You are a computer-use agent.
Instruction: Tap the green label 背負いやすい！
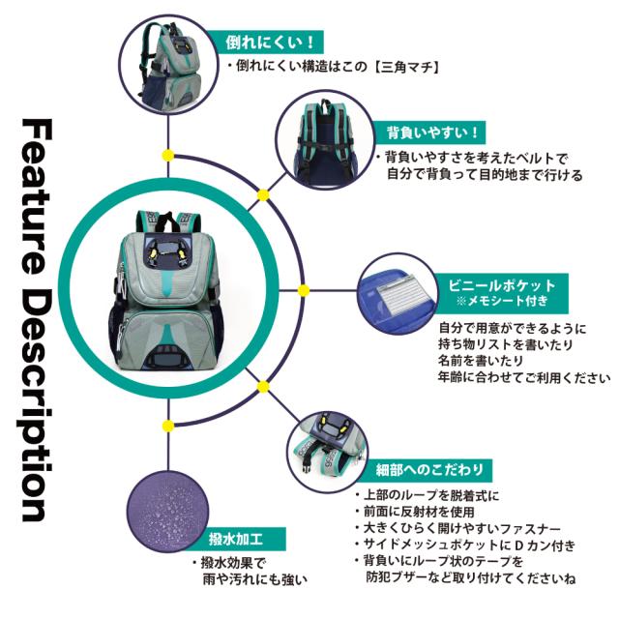click(x=432, y=133)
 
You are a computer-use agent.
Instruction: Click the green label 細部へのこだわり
click(x=429, y=470)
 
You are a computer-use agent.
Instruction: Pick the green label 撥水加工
click(x=236, y=539)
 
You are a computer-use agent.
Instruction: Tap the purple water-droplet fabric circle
click(x=167, y=511)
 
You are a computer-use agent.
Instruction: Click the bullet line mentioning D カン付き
click(x=466, y=545)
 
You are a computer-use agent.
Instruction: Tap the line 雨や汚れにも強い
click(x=255, y=579)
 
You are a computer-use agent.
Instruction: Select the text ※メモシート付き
click(x=502, y=301)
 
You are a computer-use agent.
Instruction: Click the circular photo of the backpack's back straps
click(x=325, y=139)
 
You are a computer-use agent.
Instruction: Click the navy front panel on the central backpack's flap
click(x=166, y=251)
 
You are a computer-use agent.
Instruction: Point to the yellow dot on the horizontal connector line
click(x=303, y=291)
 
